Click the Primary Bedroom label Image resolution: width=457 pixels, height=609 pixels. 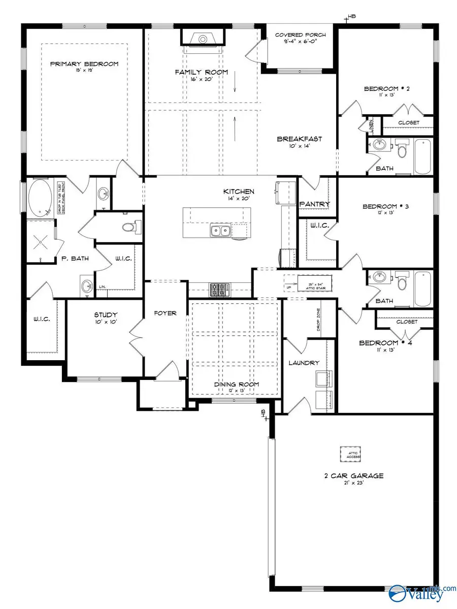pos(84,65)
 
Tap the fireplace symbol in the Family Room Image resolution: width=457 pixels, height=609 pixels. pos(202,38)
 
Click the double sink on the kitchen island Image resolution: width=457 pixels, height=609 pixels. pos(220,232)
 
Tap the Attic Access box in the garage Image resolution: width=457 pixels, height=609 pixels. pos(350,455)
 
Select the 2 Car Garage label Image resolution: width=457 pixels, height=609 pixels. pos(354,476)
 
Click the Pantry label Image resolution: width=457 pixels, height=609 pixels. pos(315,204)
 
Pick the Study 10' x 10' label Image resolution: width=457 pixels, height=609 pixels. pos(106,317)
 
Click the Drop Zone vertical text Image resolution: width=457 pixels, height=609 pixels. pos(318,322)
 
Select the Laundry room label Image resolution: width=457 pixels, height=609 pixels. pos(304,363)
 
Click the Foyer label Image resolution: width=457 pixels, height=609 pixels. pos(165,313)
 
